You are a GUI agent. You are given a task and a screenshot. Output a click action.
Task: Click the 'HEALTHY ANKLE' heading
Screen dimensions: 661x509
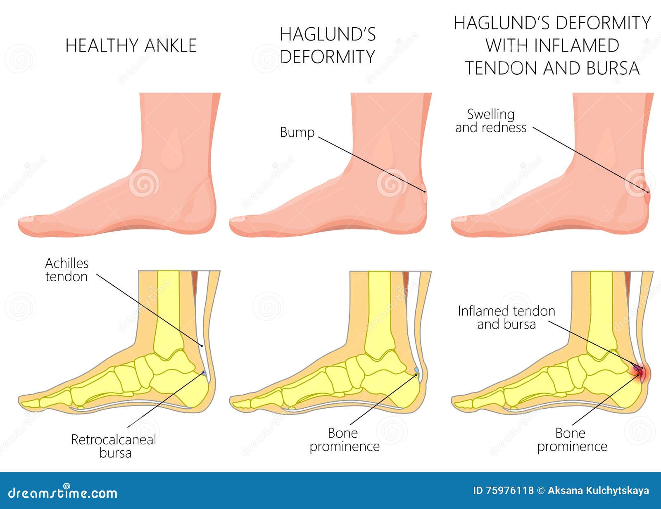131,45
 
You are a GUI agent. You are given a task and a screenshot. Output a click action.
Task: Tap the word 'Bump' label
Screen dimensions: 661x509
297,133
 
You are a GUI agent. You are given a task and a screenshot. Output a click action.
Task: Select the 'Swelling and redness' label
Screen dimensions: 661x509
491,121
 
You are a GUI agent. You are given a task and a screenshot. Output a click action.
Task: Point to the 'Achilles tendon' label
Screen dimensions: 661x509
67,270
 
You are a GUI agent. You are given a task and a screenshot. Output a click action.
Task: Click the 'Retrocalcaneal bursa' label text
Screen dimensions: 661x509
114,446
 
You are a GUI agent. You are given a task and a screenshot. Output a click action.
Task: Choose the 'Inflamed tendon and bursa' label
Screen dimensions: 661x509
506,317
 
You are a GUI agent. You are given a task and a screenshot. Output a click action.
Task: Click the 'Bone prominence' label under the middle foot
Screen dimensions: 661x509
345,440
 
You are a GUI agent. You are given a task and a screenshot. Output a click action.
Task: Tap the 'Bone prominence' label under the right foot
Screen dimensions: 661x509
572,440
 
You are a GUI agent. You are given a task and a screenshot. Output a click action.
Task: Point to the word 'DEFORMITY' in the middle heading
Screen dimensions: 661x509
328,57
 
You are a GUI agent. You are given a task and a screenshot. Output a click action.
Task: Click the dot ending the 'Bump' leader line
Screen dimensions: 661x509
425,192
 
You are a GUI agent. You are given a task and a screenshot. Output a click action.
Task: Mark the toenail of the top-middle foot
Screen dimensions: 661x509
237,219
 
